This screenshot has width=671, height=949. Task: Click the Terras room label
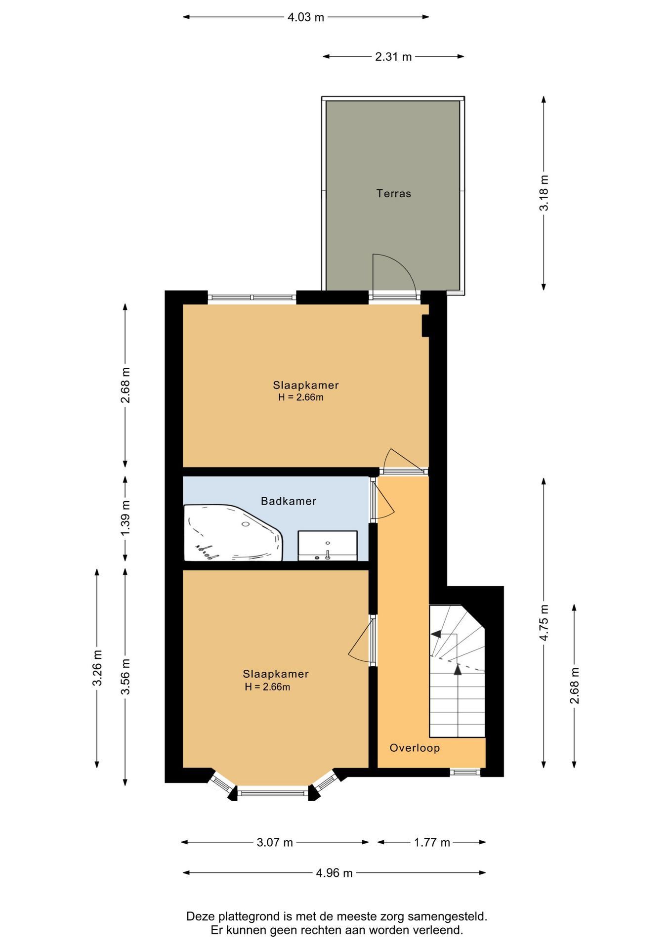(393, 193)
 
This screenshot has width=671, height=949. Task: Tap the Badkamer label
(289, 501)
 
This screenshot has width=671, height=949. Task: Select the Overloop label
(415, 748)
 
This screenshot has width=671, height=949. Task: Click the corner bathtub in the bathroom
(233, 533)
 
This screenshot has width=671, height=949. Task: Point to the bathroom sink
(328, 546)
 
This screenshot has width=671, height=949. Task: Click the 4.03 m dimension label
(306, 17)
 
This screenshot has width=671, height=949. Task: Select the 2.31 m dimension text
(393, 56)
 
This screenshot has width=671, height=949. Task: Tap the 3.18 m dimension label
(544, 193)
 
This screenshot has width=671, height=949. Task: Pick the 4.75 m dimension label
(544, 623)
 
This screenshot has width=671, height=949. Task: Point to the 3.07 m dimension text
(275, 842)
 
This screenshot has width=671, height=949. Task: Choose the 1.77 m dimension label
(432, 842)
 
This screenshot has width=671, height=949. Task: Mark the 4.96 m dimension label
(334, 873)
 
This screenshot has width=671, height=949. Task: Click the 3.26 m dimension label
(97, 668)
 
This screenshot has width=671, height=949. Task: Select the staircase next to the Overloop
(457, 671)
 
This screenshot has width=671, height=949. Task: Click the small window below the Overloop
(465, 772)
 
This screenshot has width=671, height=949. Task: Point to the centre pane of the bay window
(272, 793)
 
